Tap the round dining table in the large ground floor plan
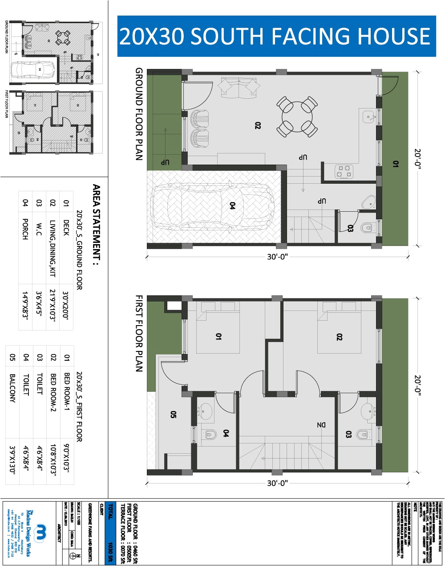click(x=297, y=117)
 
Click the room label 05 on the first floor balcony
click(x=174, y=415)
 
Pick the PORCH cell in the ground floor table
click(x=25, y=229)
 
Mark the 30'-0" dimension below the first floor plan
click(x=278, y=483)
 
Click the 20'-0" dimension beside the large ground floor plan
click(x=417, y=159)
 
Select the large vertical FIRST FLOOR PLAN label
click(x=139, y=334)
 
